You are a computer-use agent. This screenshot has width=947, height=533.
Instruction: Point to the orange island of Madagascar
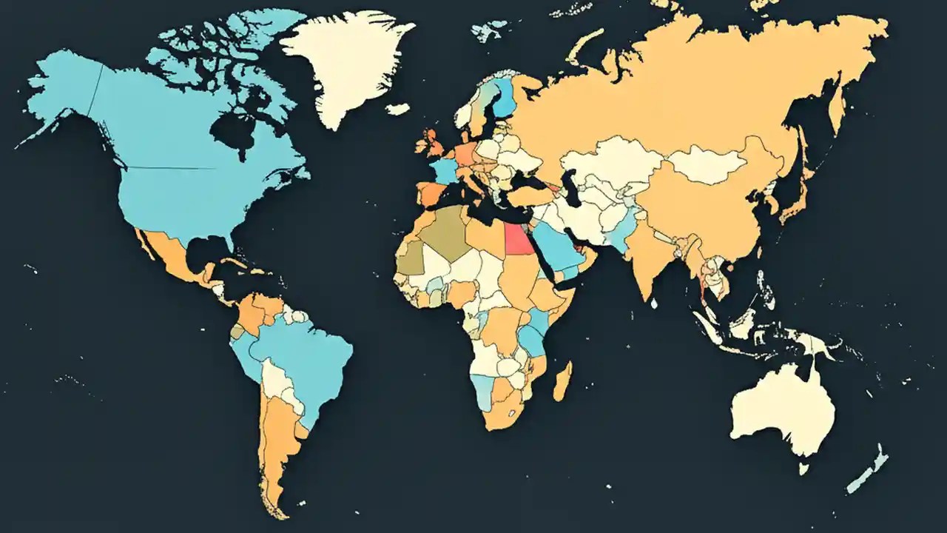563,381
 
